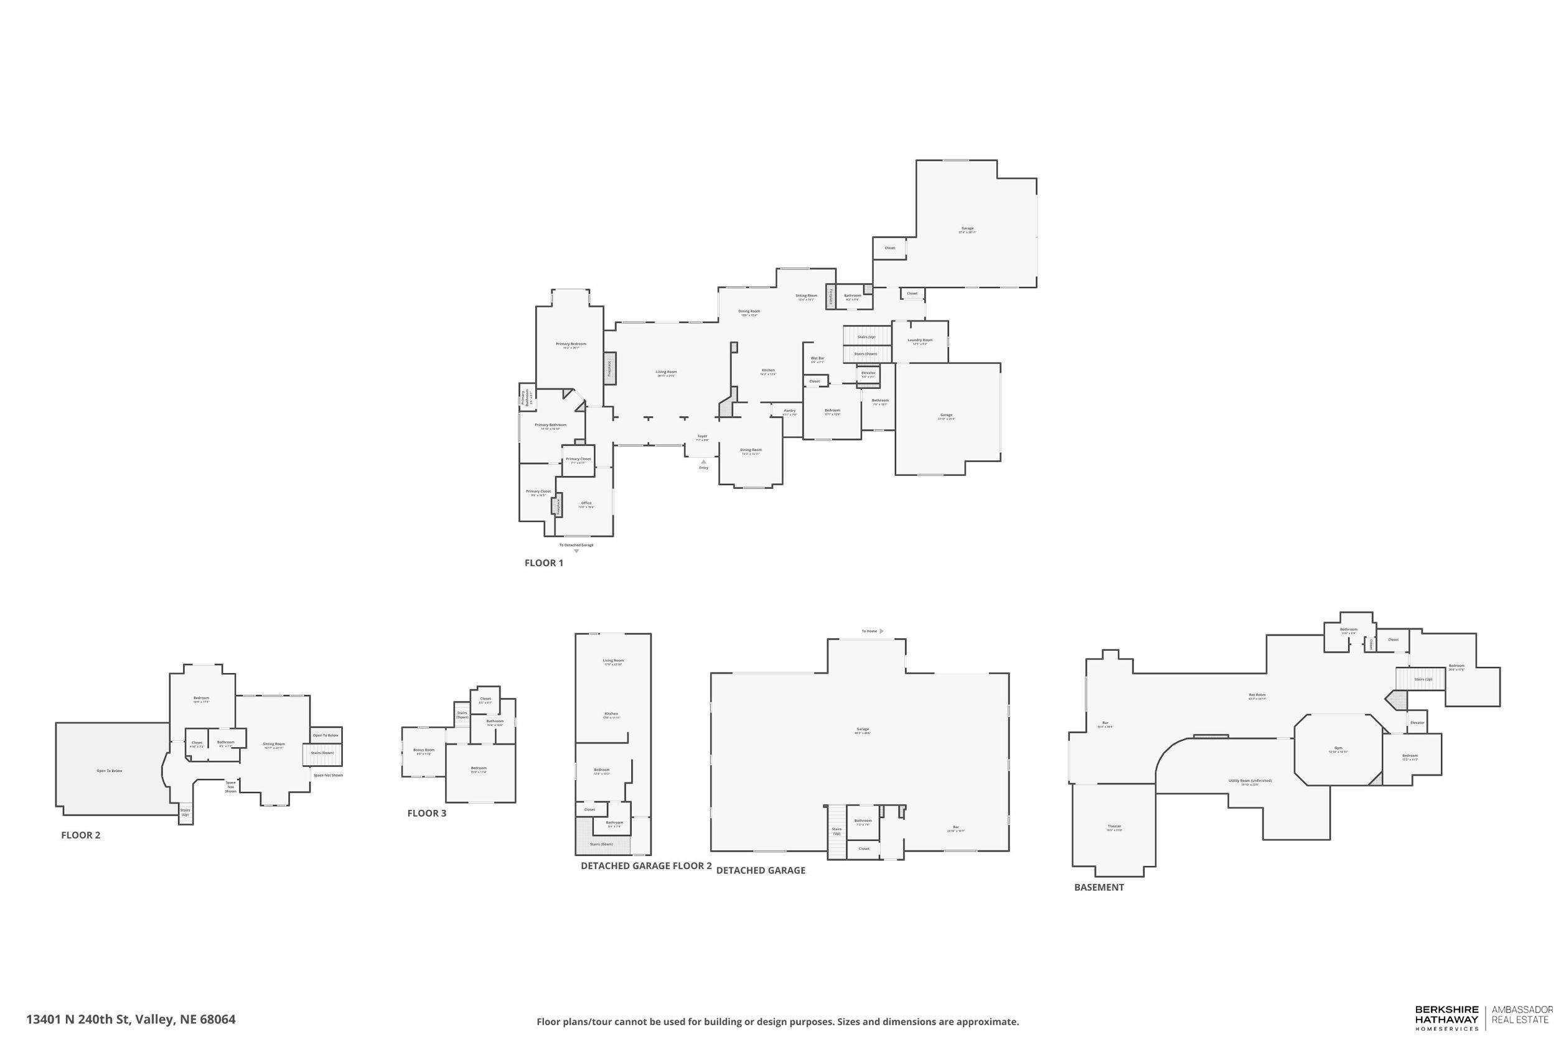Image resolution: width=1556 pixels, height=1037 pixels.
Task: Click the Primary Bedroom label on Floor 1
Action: tap(570, 344)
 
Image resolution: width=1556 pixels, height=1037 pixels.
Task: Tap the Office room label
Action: tap(586, 503)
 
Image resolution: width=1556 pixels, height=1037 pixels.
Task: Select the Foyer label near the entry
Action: tap(702, 437)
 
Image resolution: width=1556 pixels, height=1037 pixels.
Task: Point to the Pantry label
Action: tap(789, 411)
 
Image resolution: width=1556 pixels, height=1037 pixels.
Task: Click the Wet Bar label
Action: tap(817, 358)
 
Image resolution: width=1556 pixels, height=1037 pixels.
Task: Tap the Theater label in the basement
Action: tap(1114, 827)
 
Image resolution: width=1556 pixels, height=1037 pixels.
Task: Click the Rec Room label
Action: tap(1257, 695)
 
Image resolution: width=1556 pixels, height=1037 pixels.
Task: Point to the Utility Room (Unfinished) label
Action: tap(1250, 781)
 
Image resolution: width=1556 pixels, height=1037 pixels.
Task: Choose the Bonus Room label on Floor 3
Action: tap(423, 750)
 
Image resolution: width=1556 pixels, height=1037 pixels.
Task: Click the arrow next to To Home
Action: tap(881, 631)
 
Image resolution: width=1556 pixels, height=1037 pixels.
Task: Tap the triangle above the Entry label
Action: tap(703, 462)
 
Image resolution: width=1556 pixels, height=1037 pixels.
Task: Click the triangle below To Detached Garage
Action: tap(576, 551)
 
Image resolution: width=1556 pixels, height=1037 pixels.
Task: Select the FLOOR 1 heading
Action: tap(543, 564)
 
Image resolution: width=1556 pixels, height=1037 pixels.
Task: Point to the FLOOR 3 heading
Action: tap(426, 814)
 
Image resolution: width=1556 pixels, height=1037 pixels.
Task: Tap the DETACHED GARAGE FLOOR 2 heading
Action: tap(645, 866)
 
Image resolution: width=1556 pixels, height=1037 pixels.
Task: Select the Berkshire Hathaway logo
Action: tap(1446, 1018)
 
